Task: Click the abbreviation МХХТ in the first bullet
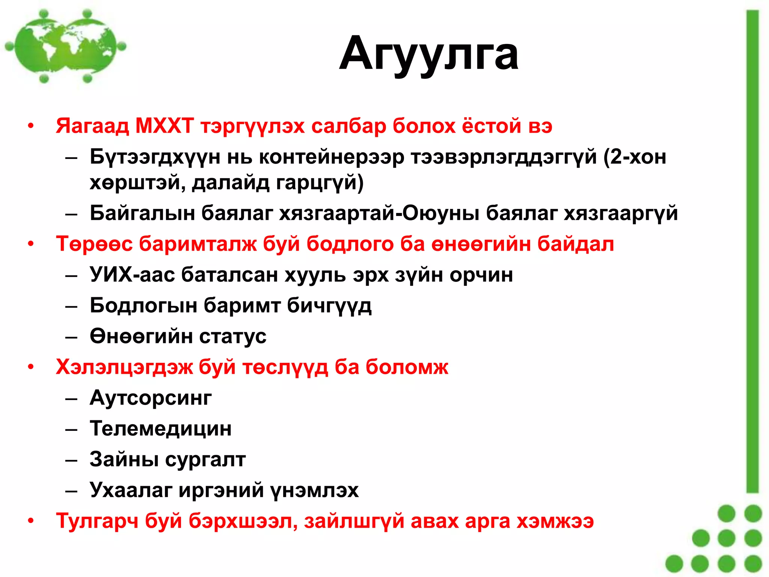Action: point(164,126)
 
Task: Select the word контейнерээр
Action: point(332,157)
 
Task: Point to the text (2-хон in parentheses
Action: point(635,157)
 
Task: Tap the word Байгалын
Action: point(142,213)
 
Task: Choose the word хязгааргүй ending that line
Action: point(621,213)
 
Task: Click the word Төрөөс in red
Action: point(94,244)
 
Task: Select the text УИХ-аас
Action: point(132,275)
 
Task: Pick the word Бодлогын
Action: point(143,305)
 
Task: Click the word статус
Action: point(233,336)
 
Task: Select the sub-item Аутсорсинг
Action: point(151,397)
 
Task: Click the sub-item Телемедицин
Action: point(161,428)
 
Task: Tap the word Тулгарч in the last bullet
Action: point(97,521)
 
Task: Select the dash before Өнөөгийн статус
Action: point(71,337)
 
